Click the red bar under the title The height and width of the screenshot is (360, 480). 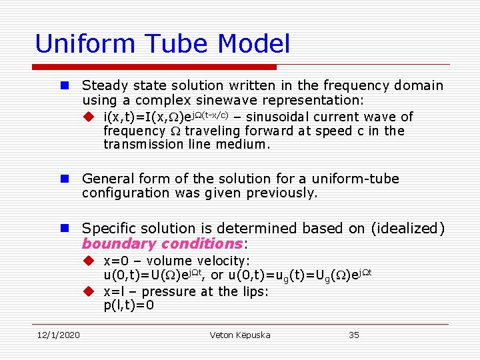(154, 67)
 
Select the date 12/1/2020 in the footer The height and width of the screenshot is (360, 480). (58, 335)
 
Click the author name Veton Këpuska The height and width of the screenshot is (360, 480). (240, 335)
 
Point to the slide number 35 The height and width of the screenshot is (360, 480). (354, 335)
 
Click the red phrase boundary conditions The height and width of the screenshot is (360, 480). (163, 243)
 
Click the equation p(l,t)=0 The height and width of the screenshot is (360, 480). (129, 305)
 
